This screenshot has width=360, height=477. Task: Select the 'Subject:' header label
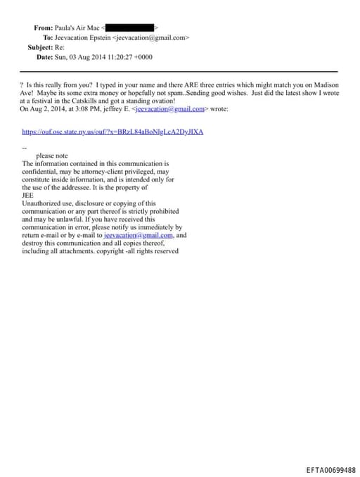pyautogui.click(x=40, y=47)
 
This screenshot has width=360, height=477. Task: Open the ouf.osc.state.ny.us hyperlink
pyautogui.click(x=112, y=132)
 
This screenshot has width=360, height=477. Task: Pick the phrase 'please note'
pyautogui.click(x=52, y=155)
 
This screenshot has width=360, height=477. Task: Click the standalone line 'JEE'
pyautogui.click(x=28, y=196)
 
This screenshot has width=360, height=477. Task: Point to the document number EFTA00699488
pyautogui.click(x=330, y=470)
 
